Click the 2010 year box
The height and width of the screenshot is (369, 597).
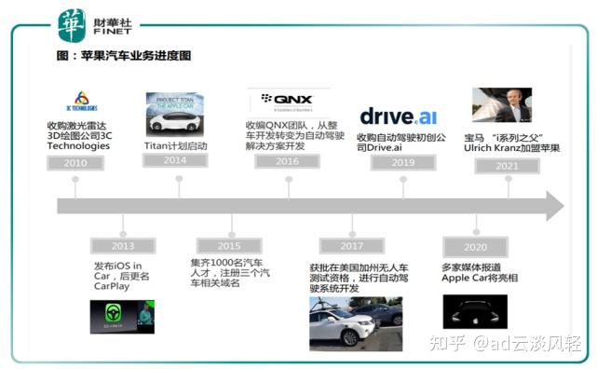click(75, 163)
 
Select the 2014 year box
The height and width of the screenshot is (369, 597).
click(175, 159)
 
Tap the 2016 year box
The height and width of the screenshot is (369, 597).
click(287, 161)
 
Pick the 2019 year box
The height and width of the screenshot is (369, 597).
click(402, 162)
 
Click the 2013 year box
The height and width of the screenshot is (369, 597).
click(123, 246)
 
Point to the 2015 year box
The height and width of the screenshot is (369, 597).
click(228, 246)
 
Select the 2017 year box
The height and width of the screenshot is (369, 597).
click(351, 246)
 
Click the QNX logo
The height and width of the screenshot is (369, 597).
click(286, 100)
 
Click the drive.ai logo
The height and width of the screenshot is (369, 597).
click(398, 116)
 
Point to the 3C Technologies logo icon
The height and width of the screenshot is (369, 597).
click(79, 101)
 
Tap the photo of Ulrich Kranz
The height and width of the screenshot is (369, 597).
click(501, 105)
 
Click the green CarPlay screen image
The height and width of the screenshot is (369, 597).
click(122, 316)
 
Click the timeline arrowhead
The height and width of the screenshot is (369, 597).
click(553, 206)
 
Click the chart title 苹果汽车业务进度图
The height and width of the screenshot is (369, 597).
click(131, 56)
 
